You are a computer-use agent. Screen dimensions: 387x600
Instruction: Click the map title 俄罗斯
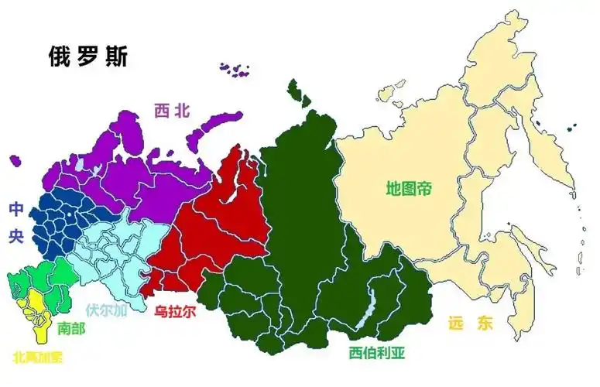[87, 57]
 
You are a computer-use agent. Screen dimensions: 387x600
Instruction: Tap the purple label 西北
[171, 111]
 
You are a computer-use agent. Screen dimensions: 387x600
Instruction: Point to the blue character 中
[16, 209]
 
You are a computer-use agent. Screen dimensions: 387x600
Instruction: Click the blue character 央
[16, 237]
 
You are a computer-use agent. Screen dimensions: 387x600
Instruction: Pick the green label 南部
[71, 328]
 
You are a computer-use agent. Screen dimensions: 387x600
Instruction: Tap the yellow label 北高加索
[38, 357]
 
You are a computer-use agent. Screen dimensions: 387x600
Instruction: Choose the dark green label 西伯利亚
[376, 354]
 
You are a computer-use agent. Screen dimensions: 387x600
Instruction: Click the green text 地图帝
[408, 187]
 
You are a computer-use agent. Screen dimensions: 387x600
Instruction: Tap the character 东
[485, 324]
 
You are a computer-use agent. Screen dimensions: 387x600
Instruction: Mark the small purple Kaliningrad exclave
[15, 161]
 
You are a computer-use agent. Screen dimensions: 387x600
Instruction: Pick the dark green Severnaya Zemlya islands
[297, 92]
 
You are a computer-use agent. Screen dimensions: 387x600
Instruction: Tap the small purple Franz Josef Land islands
[234, 70]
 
